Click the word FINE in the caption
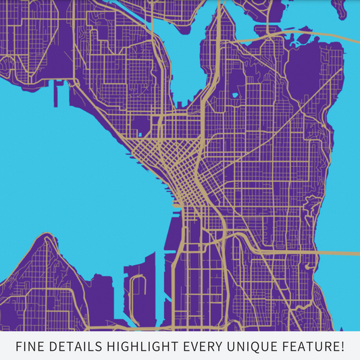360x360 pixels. point(30,347)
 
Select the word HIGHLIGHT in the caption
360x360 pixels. point(144,347)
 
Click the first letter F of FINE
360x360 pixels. point(19,347)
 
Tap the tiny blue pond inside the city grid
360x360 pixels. point(235,95)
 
